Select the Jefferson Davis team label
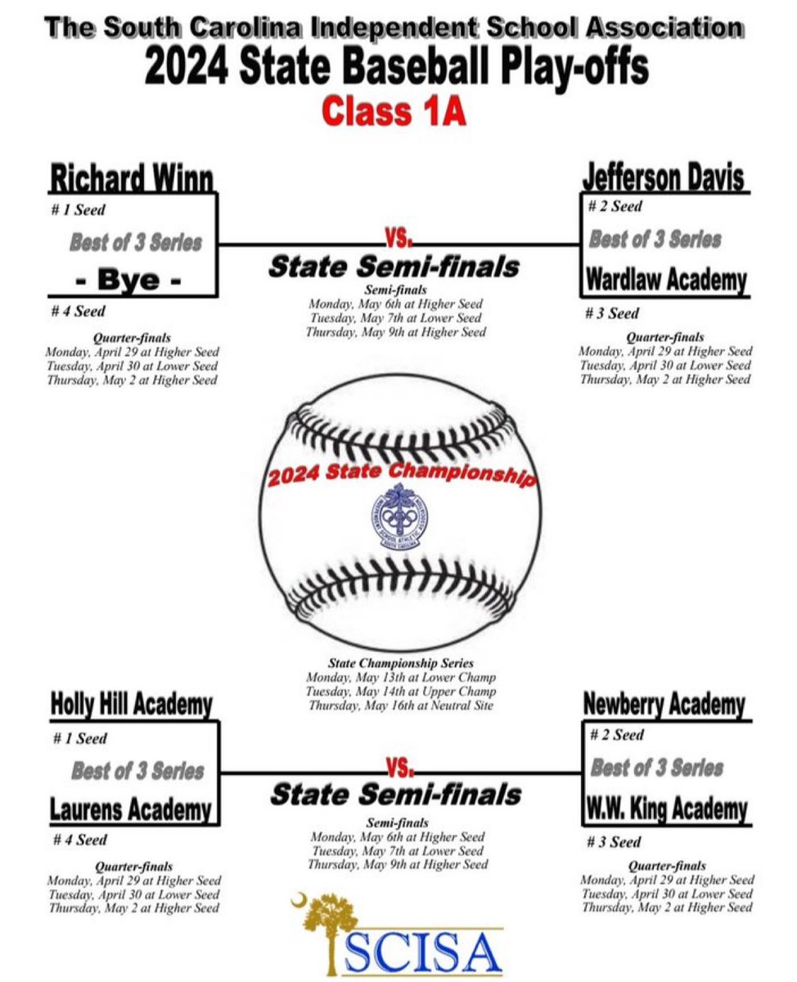[x=664, y=177]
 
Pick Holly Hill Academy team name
[x=132, y=705]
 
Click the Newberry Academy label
[x=664, y=705]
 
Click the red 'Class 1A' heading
[x=394, y=112]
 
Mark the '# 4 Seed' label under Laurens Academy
[x=80, y=840]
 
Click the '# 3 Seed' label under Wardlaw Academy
[x=613, y=313]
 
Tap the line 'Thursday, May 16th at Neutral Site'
[x=400, y=705]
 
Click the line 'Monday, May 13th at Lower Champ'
[x=400, y=678]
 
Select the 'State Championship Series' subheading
[x=400, y=664]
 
